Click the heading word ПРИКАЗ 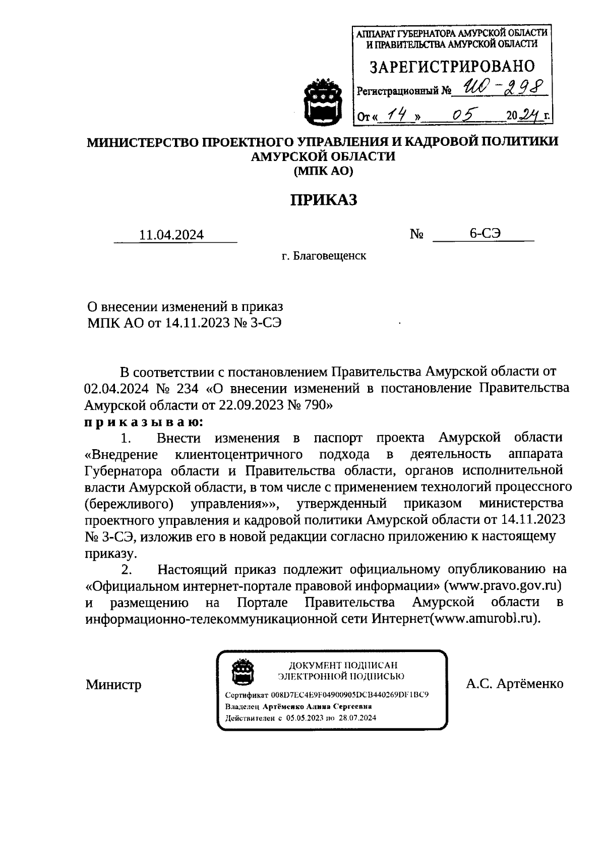[x=323, y=200]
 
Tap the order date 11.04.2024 [x=171, y=235]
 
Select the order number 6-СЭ [x=485, y=233]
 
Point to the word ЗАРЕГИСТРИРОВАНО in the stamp [x=452, y=66]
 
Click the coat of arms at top [x=323, y=101]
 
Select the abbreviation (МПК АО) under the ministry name [x=323, y=171]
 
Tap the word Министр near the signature [x=113, y=685]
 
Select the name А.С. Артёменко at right [x=514, y=684]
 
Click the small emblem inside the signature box [x=241, y=672]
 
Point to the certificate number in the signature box [x=349, y=695]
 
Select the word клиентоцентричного [x=238, y=454]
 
